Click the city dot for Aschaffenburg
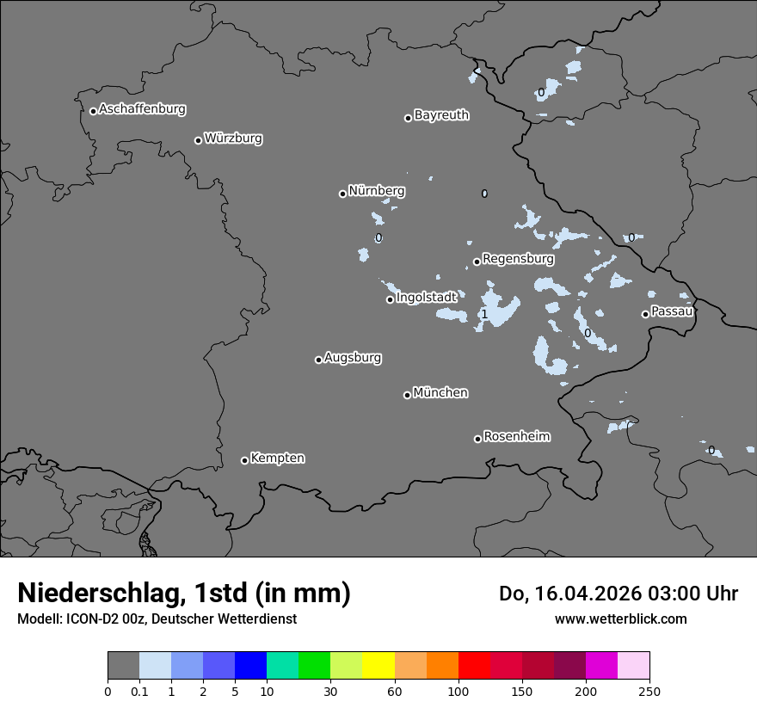coord(93,111)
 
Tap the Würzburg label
coord(232,138)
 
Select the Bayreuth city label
coord(441,115)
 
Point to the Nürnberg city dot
coord(342,194)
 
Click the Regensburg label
coord(518,259)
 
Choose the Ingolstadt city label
coord(426,298)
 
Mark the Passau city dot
coord(645,314)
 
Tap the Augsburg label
coord(353,358)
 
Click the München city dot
coord(407,395)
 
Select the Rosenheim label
coord(516,437)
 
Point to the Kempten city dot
coord(244,460)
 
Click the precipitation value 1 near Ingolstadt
coord(484,315)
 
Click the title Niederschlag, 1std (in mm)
coord(184,593)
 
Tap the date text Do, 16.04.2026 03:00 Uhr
coord(619,594)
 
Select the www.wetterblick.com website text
coord(620,619)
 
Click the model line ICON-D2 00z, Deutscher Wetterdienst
coord(157,619)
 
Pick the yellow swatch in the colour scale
coord(378,666)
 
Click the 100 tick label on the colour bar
coord(459,691)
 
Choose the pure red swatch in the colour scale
coord(474,666)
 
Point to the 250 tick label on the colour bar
coord(649,691)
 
